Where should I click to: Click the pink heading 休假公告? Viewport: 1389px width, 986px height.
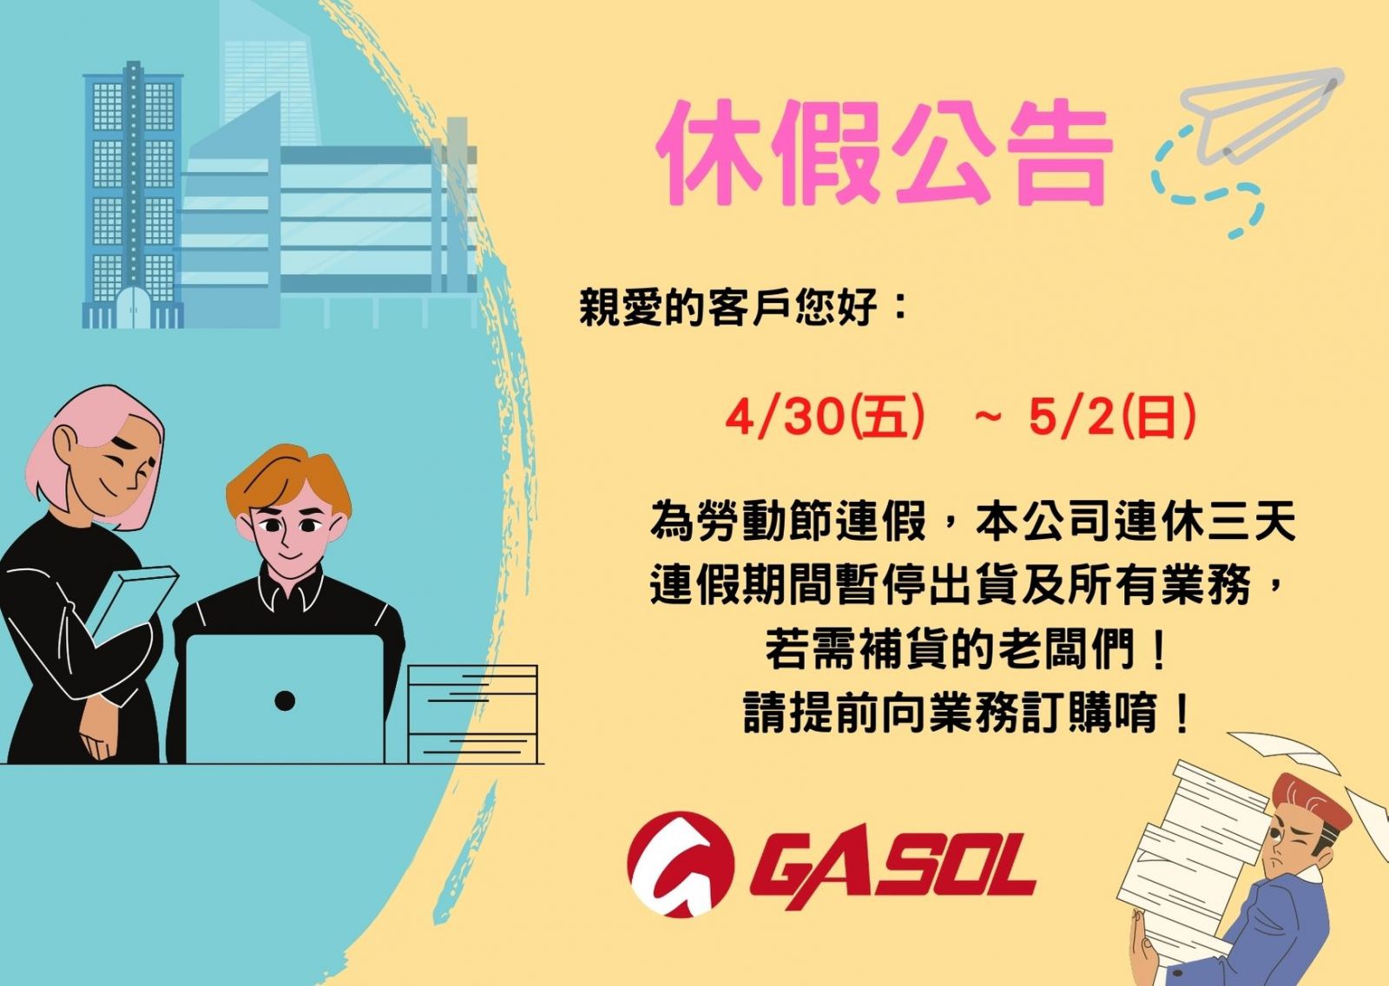coord(885,153)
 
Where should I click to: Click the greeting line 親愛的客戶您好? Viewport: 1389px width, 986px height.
coord(728,307)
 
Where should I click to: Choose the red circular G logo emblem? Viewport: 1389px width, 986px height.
coord(681,864)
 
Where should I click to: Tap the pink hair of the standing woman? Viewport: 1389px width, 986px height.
coord(93,446)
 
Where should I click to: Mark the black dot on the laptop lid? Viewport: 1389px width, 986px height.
coord(285,700)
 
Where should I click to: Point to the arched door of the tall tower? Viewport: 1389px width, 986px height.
coord(134,307)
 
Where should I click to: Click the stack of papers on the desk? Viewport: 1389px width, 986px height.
coord(472,713)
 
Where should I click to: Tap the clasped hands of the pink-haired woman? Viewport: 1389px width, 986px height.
coord(99,732)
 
